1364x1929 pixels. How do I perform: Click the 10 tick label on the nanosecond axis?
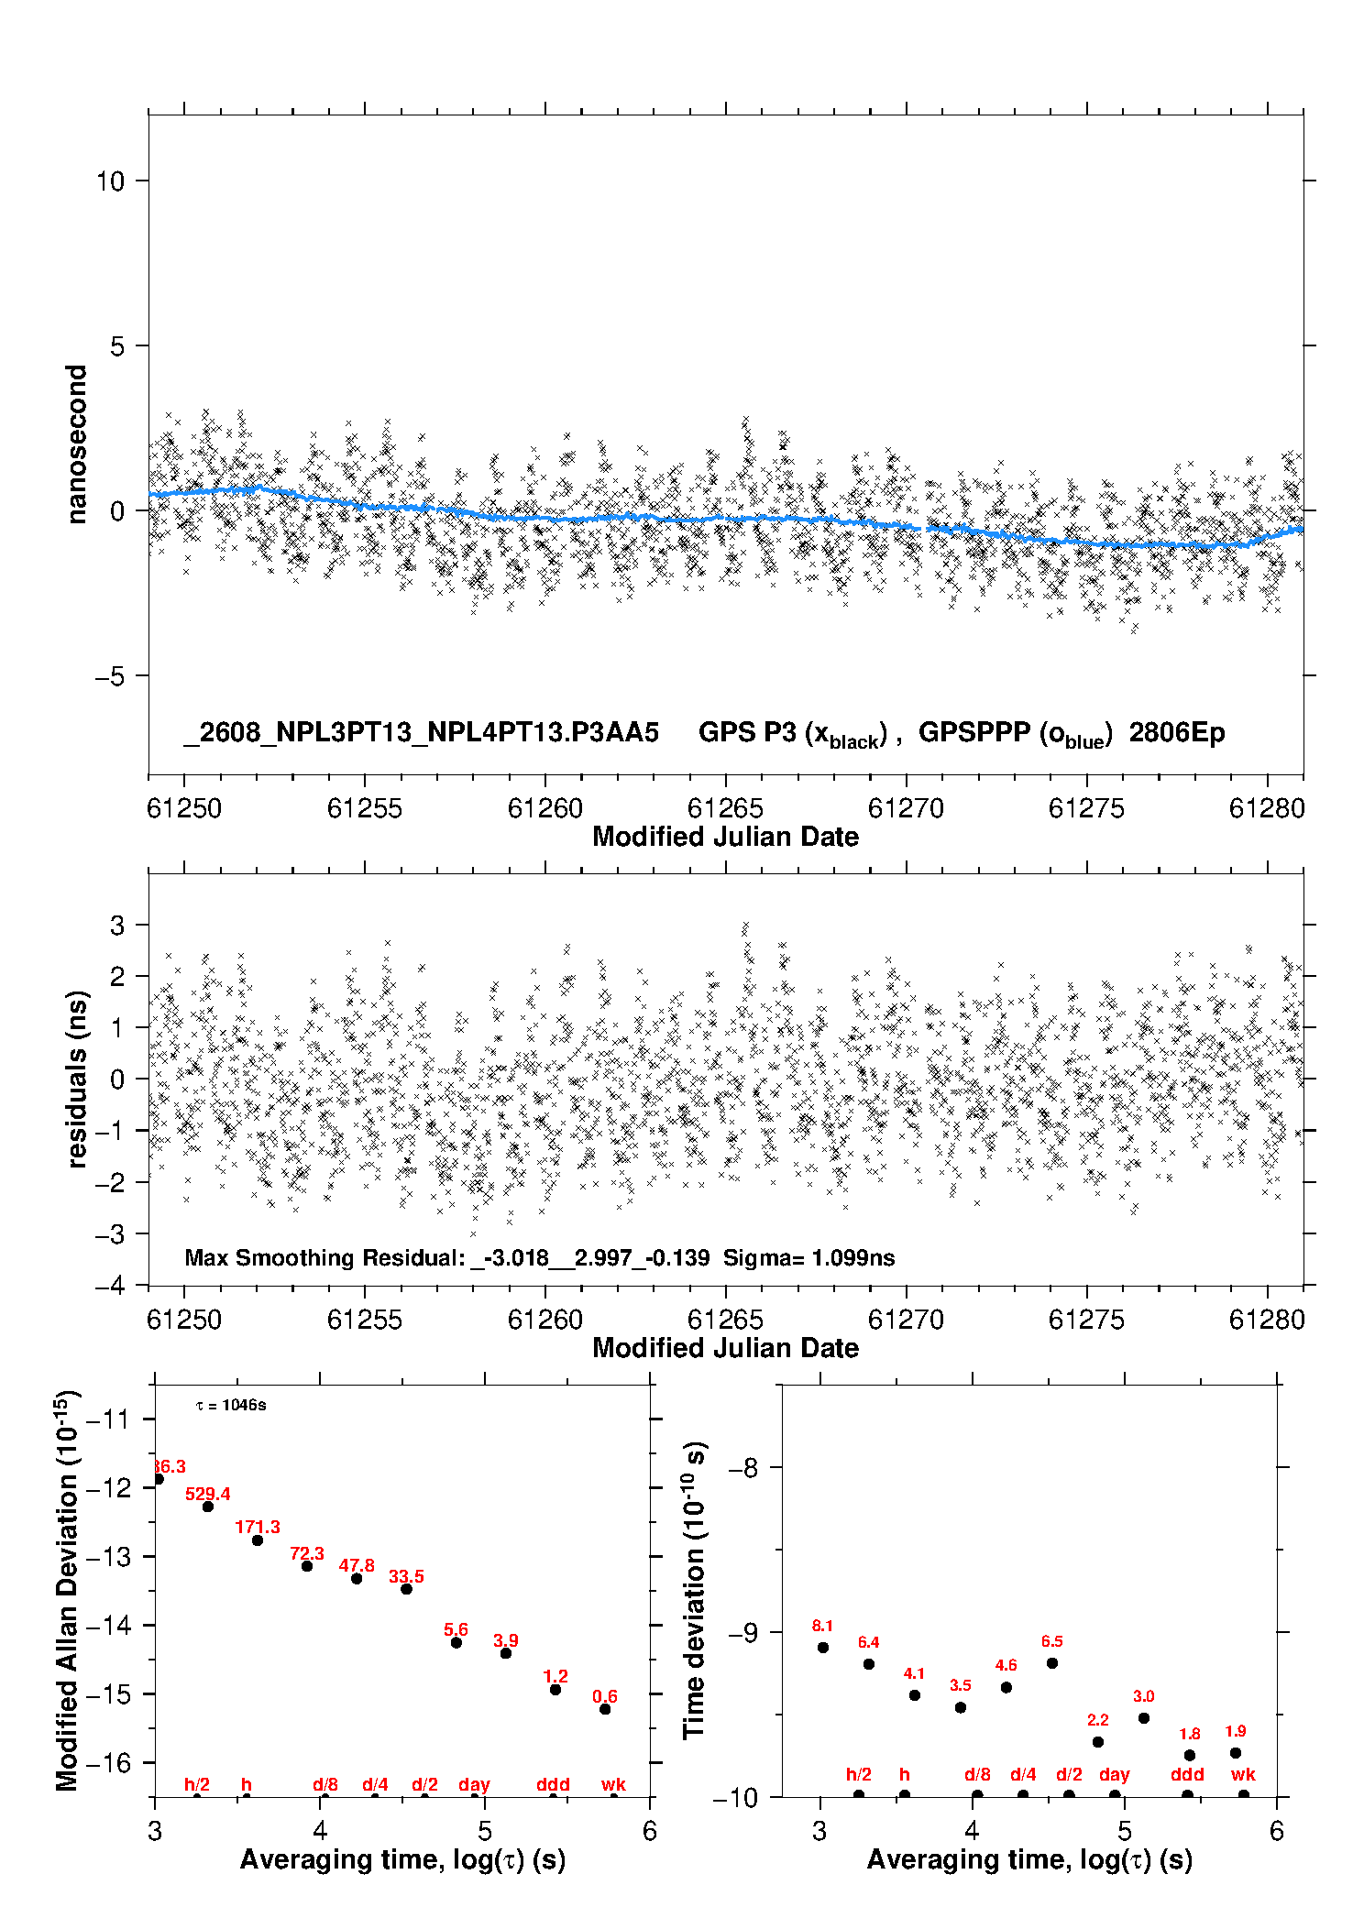tap(110, 181)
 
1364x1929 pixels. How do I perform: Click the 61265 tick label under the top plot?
tap(725, 808)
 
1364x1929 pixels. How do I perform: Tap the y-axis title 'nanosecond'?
tap(76, 444)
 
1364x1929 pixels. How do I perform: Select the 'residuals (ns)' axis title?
tap(77, 1079)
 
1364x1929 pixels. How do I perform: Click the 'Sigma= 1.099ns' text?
tap(808, 1257)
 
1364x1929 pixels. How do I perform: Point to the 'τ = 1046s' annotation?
tap(231, 1405)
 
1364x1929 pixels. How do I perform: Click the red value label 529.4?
tap(208, 1494)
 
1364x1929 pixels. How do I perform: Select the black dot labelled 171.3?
tap(258, 1540)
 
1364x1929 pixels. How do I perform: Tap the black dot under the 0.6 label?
tap(605, 1709)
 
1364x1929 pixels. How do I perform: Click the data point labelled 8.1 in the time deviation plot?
tap(823, 1648)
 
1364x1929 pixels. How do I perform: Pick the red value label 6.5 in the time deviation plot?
tap(1052, 1641)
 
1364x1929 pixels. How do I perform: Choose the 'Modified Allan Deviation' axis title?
tap(67, 1591)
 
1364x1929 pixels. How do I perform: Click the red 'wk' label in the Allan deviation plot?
tap(613, 1784)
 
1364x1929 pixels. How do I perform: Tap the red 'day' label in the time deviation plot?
tap(1115, 1774)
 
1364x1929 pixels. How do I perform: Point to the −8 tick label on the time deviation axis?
tap(742, 1467)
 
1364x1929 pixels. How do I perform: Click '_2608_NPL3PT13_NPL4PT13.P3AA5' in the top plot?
tap(421, 733)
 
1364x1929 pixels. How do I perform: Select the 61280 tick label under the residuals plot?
tap(1267, 1320)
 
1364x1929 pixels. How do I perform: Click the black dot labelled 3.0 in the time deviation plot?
tap(1144, 1718)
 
